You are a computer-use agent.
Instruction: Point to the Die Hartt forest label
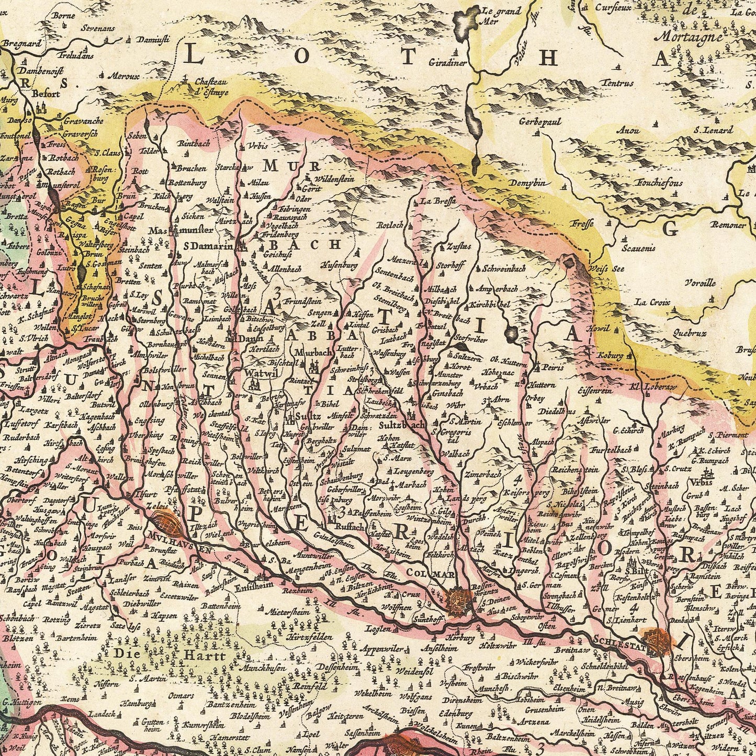coord(170,655)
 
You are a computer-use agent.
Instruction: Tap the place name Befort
coord(47,95)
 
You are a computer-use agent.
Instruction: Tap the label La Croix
coord(649,302)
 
